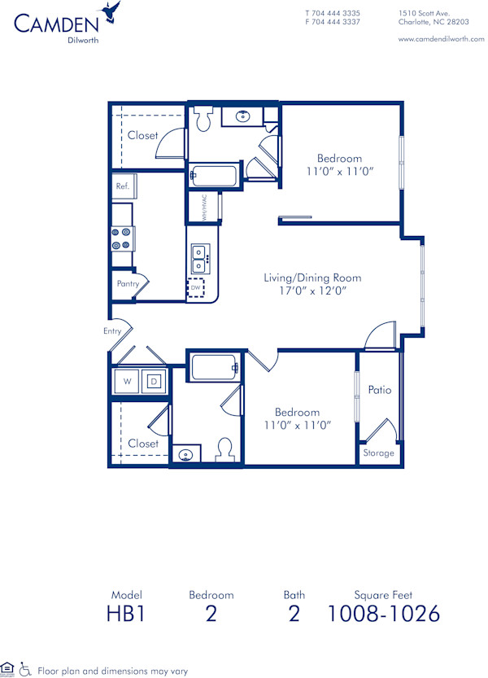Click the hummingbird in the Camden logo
point(111,11)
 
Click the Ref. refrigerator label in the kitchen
point(123,186)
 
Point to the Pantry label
point(128,284)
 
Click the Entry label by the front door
point(112,331)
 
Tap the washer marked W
point(128,380)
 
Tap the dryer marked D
point(154,380)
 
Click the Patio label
point(379,390)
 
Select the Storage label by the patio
point(379,453)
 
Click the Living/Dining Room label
point(312,278)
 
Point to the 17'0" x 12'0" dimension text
point(312,291)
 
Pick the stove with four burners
point(123,238)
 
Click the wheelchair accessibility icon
point(25,669)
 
